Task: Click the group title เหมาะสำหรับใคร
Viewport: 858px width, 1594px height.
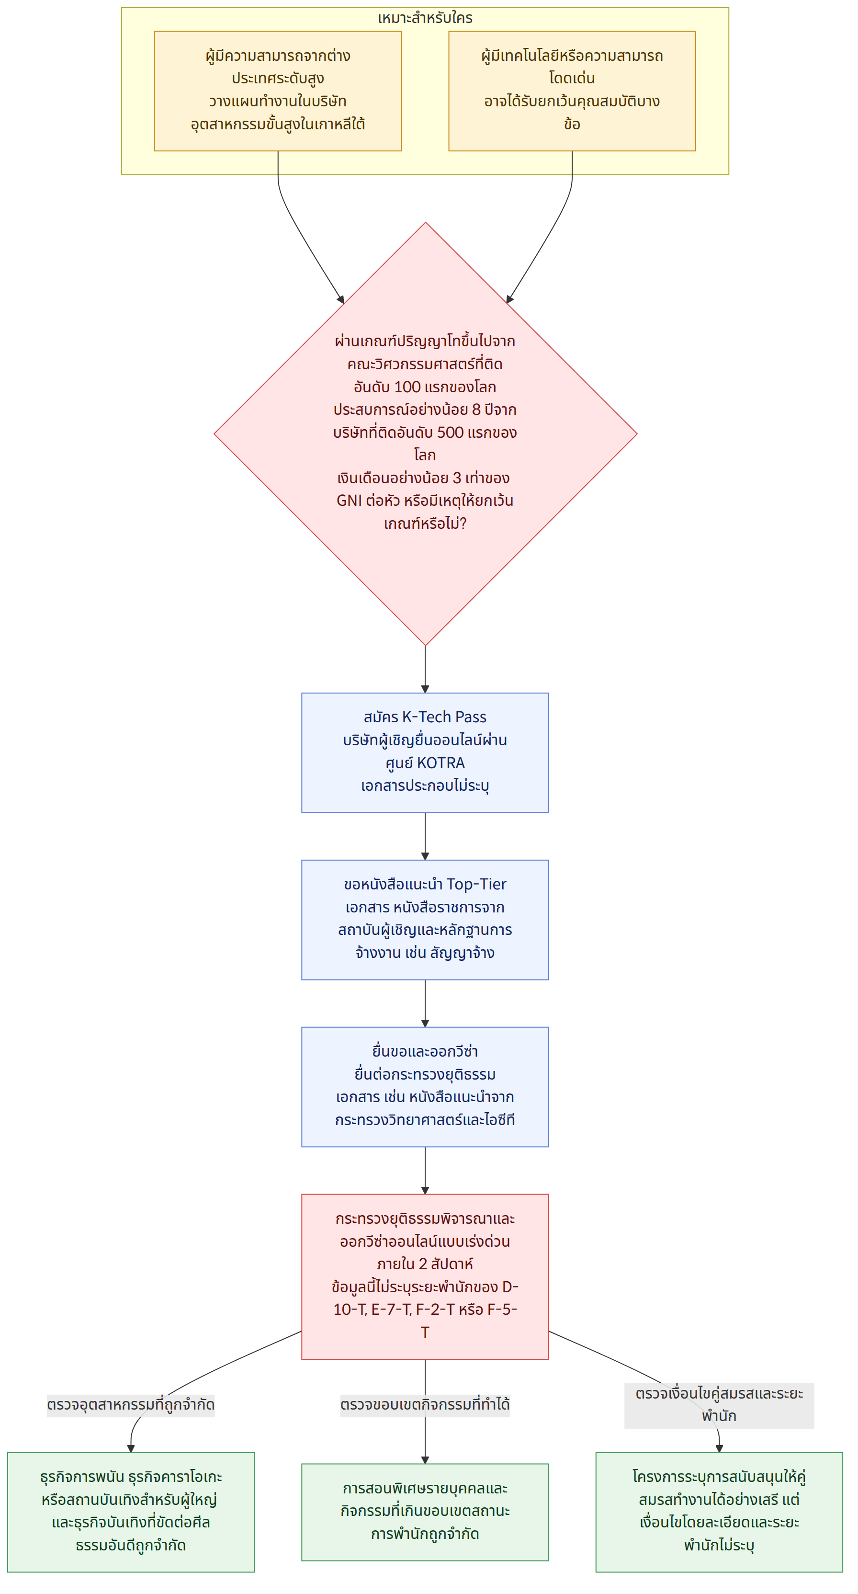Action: tap(425, 18)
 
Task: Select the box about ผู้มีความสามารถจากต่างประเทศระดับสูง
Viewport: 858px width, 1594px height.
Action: tap(278, 91)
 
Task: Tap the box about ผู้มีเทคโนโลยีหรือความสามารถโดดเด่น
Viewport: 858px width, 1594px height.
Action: tap(572, 91)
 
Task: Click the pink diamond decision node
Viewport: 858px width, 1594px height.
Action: tap(426, 434)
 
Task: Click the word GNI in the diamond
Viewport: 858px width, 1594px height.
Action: tap(349, 501)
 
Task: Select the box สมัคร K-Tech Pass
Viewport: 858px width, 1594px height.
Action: tap(425, 752)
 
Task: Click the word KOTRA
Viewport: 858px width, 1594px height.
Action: tap(440, 763)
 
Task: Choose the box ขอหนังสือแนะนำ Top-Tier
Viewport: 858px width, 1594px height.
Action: tap(425, 920)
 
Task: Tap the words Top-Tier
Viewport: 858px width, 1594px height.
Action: tap(476, 884)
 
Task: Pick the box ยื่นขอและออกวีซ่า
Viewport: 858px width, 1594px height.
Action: tap(425, 1087)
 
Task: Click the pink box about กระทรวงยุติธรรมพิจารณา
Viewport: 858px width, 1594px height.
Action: tap(425, 1276)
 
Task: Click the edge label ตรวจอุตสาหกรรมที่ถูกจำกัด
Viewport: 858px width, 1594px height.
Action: tap(131, 1405)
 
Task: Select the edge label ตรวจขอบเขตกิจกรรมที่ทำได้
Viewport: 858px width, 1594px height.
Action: tap(425, 1405)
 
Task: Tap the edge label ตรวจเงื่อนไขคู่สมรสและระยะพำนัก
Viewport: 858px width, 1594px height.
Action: tap(720, 1405)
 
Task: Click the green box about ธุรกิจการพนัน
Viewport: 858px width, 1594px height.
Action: tap(131, 1511)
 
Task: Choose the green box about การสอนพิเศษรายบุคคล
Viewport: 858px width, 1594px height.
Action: tap(425, 1511)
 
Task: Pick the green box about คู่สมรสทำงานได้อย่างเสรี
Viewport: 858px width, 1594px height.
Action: tap(720, 1511)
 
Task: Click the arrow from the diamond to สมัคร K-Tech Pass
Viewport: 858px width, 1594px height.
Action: tap(425, 669)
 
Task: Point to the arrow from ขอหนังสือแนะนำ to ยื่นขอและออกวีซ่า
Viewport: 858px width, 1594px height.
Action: tap(425, 1003)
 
